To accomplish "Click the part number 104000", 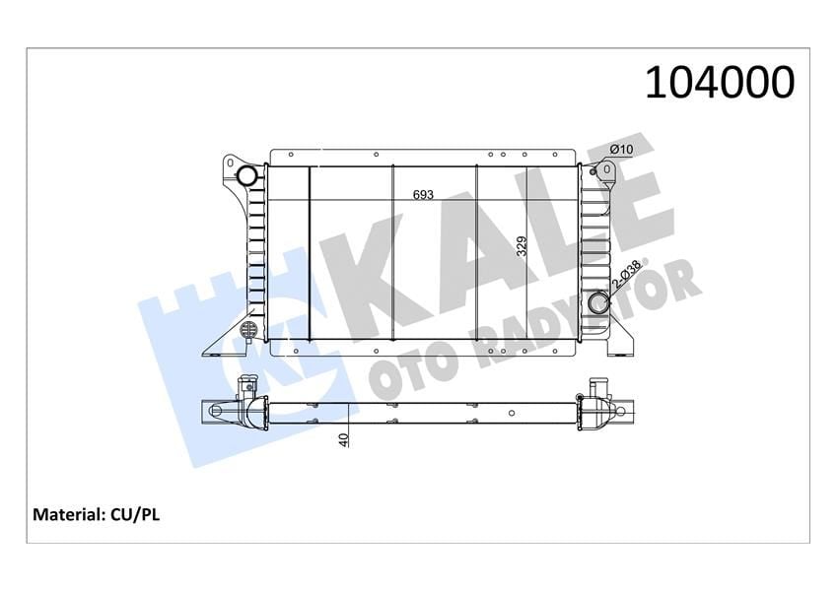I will [x=719, y=82].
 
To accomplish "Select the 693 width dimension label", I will [x=423, y=195].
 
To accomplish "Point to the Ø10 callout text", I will [x=621, y=149].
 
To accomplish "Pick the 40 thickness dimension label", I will [x=343, y=440].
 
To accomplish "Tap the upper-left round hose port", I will [x=246, y=176].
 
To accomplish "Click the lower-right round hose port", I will [x=597, y=303].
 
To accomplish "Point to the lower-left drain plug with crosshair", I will [x=249, y=329].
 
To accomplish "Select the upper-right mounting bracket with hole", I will [x=606, y=174].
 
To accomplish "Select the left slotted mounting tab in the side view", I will [x=216, y=411].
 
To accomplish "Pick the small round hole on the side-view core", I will [x=514, y=412].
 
